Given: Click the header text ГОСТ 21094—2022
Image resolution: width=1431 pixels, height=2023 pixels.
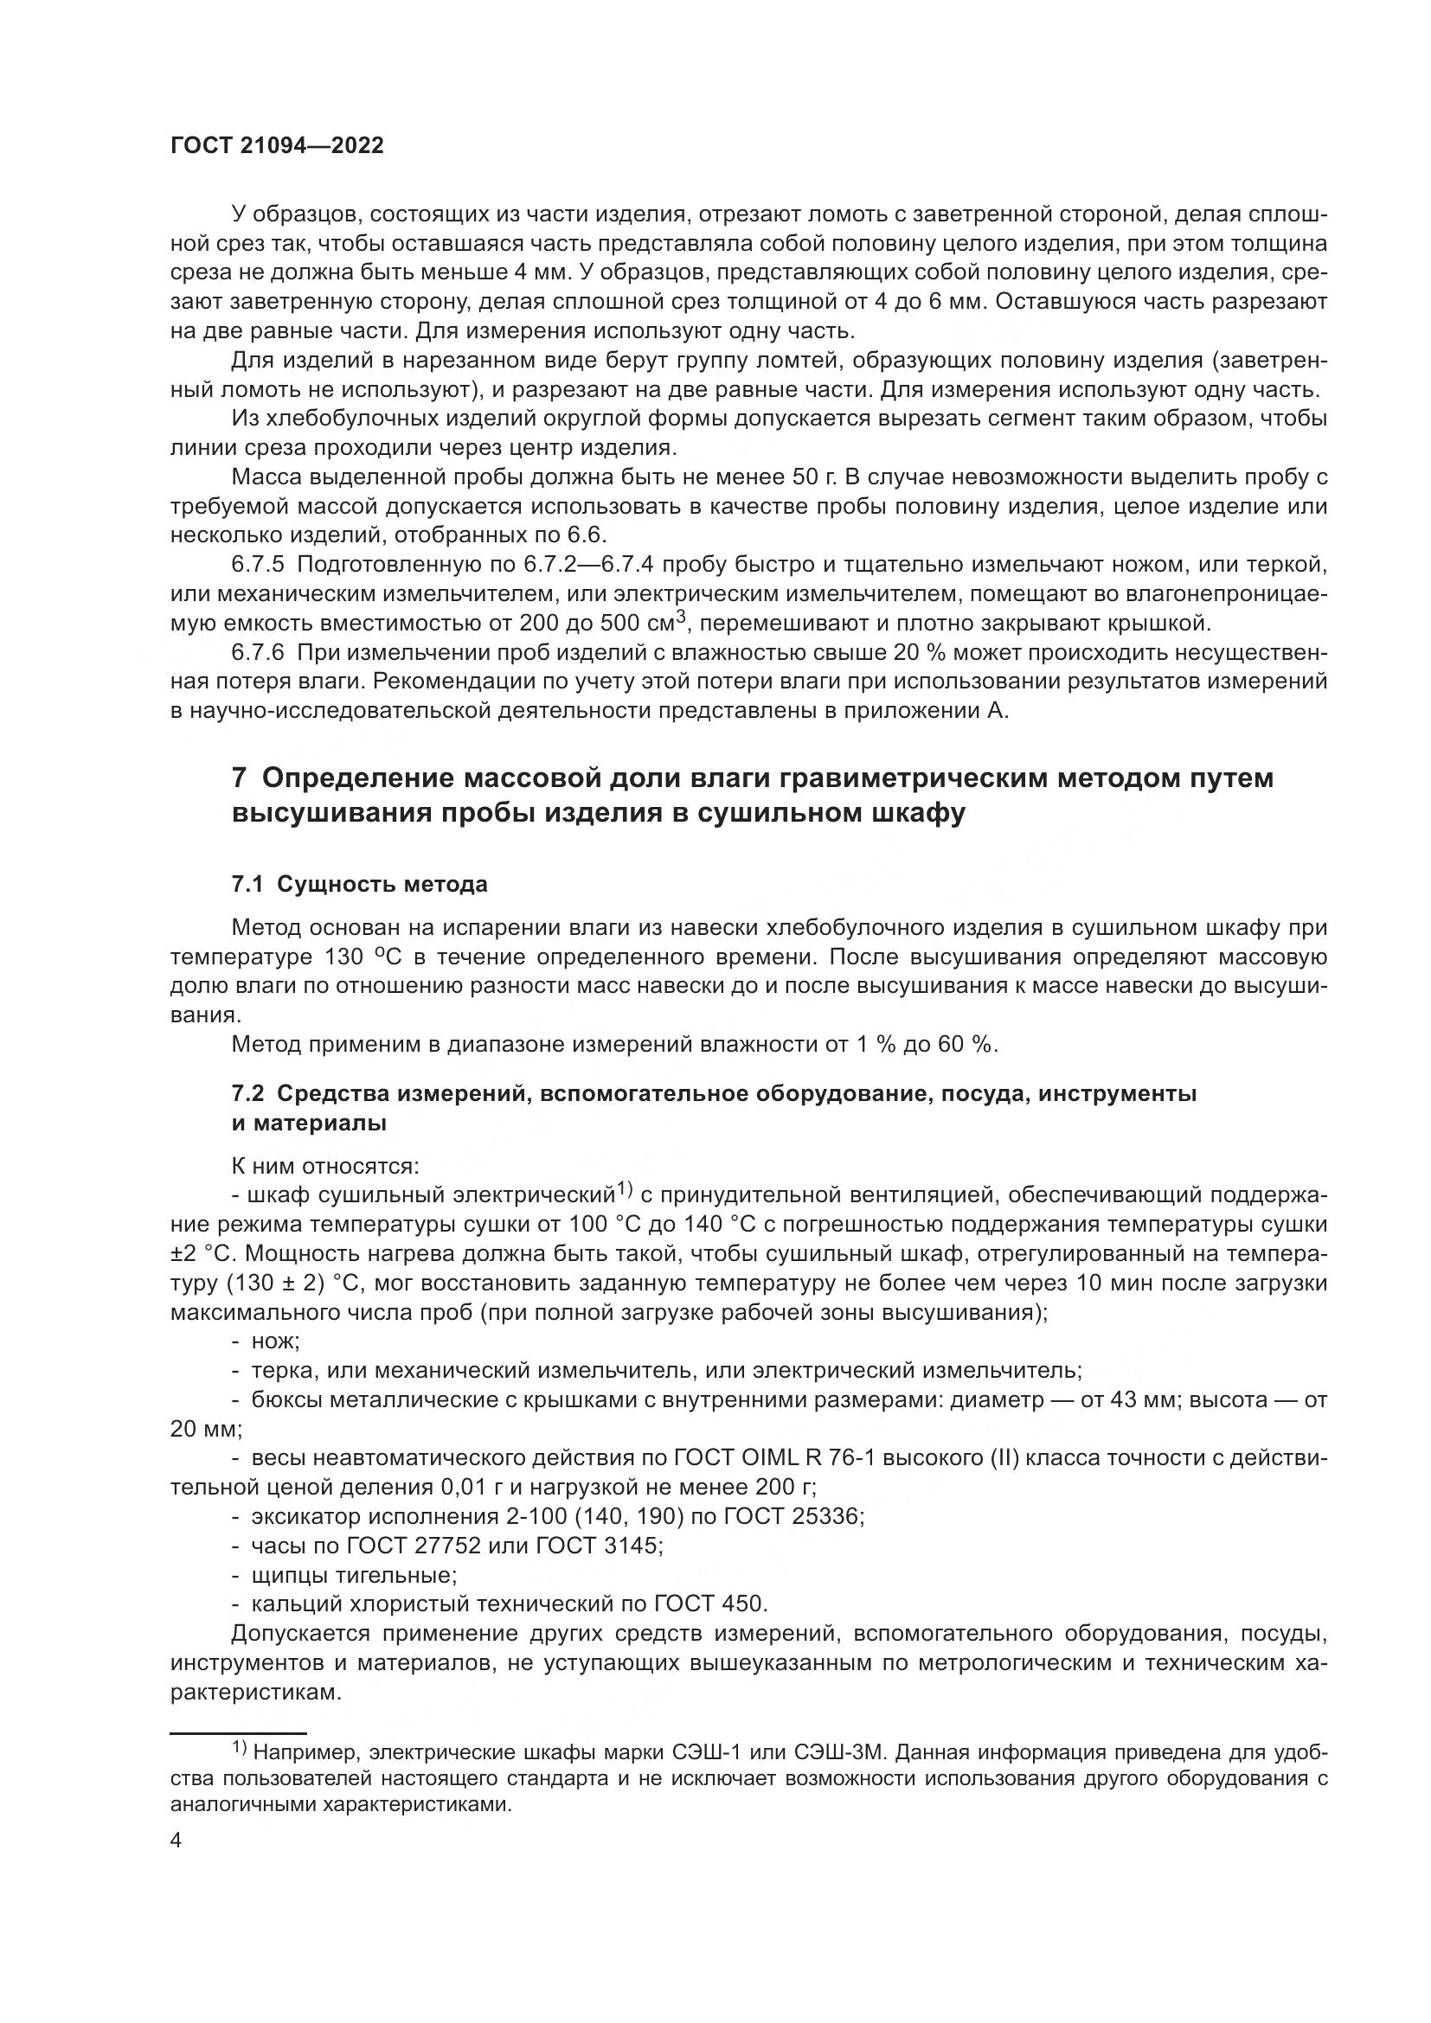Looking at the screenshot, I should (277, 146).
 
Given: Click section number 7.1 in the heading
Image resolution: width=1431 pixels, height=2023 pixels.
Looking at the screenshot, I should (248, 884).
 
